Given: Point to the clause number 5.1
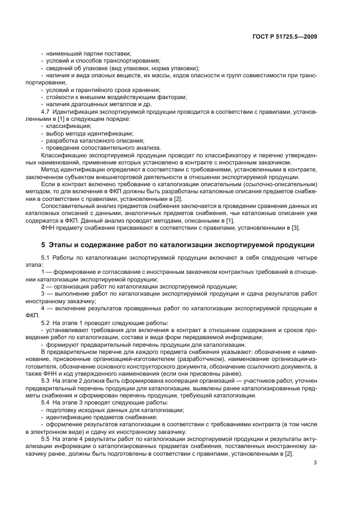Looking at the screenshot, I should click(46, 256).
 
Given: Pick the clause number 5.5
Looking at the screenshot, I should click(46, 438).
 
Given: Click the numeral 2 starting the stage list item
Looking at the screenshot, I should click(44, 285).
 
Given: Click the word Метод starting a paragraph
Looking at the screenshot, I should click(51, 169).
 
